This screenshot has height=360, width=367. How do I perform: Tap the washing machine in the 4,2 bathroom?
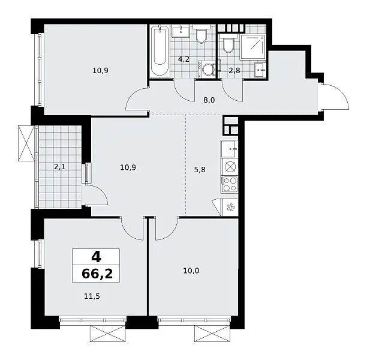207,70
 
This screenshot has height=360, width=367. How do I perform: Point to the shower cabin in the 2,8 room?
253,47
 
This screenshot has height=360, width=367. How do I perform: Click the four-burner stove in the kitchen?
230,185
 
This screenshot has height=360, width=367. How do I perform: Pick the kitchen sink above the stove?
229,149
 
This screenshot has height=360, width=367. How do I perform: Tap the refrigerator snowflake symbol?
230,208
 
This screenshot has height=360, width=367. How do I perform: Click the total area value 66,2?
97,274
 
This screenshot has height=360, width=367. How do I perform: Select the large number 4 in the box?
96,257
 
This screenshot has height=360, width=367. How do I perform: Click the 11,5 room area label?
92,296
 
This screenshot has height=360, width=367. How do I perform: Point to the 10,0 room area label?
191,271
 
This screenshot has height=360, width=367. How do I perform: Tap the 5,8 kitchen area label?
200,169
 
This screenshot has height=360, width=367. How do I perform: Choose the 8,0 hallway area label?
209,100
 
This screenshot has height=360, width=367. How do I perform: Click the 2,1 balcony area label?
60,167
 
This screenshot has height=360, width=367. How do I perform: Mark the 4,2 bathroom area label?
183,59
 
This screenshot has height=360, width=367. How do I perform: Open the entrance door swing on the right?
336,95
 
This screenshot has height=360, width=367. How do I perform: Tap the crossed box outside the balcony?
26,143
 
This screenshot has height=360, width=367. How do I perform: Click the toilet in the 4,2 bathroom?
201,35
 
